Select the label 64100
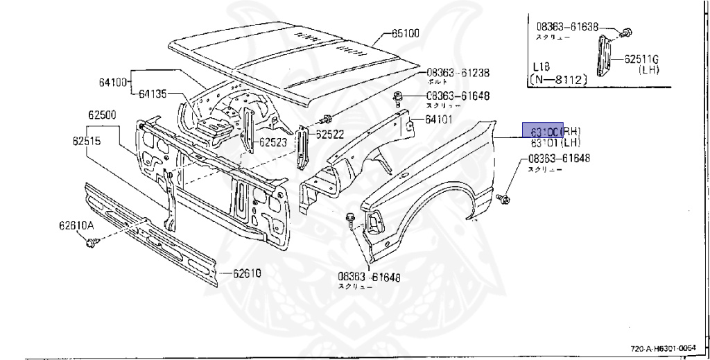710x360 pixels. coord(112,83)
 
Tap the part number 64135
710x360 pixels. coord(153,94)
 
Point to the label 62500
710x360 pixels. coord(103,114)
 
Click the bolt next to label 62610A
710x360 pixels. coord(92,243)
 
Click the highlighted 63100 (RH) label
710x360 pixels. coord(555,131)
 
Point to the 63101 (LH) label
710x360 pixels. coord(555,143)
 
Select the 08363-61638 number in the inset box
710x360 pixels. coord(566,28)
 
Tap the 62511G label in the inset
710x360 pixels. coord(642,59)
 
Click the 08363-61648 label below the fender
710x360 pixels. coord(368,277)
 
